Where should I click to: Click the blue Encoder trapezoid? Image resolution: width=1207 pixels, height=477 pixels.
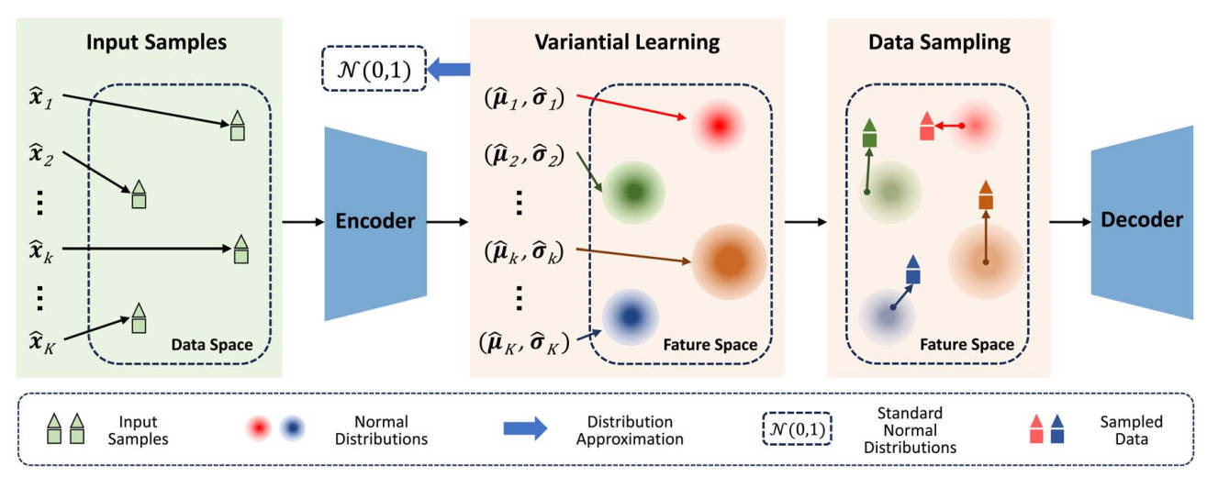pos(375,224)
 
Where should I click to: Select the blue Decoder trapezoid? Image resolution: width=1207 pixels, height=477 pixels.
pos(1142,222)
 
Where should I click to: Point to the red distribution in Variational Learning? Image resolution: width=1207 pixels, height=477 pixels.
pos(719,126)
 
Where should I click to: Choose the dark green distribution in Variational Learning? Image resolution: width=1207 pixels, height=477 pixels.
pos(633,192)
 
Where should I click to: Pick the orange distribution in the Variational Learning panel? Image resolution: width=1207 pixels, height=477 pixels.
pos(729,261)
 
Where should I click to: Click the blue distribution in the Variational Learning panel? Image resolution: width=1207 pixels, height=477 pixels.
pos(631,316)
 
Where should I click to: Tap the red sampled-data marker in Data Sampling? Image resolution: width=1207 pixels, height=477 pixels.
pos(927,126)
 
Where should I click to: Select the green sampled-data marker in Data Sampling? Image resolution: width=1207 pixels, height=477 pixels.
pos(870,133)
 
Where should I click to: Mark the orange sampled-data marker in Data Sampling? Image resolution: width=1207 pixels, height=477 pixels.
pos(986,194)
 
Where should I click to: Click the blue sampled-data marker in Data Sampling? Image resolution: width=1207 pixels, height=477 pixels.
pos(912,269)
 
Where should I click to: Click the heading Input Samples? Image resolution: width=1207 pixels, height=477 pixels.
pos(156,42)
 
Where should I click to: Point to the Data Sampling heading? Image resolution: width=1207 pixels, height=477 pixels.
pos(939,42)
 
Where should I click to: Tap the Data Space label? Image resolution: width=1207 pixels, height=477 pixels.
pos(212,345)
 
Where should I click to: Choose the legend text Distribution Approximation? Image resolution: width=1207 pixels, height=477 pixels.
pos(630,430)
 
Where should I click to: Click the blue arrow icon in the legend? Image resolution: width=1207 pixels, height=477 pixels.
pos(525,428)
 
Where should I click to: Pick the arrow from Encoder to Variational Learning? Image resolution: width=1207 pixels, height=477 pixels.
pos(448,222)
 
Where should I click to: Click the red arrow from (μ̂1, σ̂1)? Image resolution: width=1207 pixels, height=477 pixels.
pos(631,106)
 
